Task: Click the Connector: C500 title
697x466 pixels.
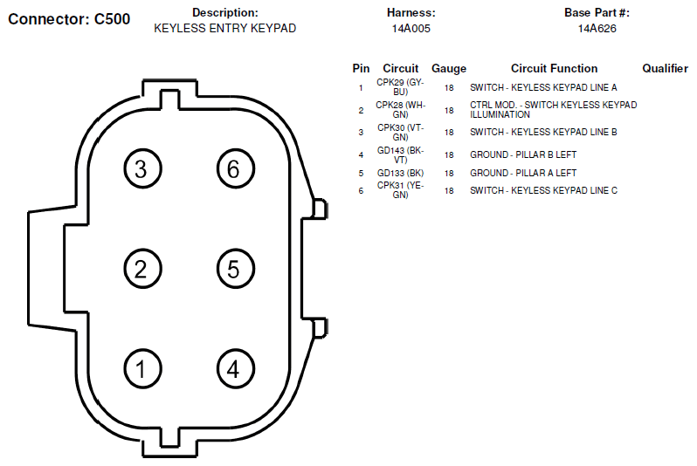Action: pyautogui.click(x=69, y=19)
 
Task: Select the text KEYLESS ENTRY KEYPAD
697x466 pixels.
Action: pyautogui.click(x=225, y=29)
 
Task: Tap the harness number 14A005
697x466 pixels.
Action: pyautogui.click(x=411, y=29)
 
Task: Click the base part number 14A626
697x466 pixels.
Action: pyautogui.click(x=597, y=29)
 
